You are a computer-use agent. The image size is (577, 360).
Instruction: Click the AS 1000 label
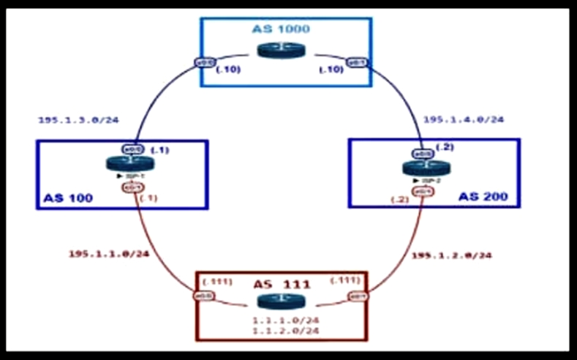[281, 30]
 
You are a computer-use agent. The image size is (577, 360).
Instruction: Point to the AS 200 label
[484, 196]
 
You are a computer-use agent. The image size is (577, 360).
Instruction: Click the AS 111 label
[282, 284]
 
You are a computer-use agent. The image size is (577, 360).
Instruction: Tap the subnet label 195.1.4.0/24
[464, 119]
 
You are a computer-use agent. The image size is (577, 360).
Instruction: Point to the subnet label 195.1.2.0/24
[450, 255]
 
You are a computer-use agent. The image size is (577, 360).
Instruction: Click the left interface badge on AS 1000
[205, 63]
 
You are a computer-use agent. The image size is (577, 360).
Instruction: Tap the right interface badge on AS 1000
[358, 62]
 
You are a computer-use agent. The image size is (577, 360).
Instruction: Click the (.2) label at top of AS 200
[445, 147]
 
